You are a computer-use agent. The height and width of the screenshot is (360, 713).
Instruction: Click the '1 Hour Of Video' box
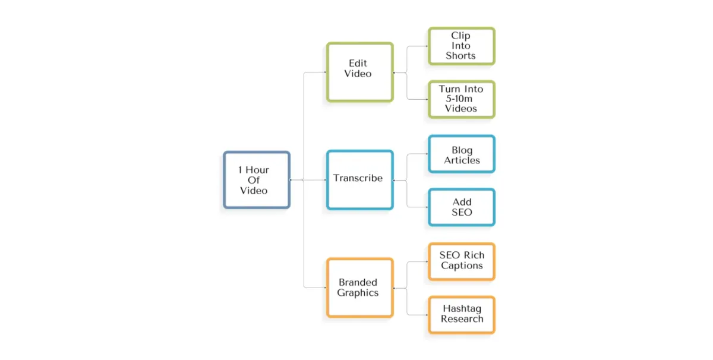257,180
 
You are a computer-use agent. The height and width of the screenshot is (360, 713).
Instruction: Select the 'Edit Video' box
359,72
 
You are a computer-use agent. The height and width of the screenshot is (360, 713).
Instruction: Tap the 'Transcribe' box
359,179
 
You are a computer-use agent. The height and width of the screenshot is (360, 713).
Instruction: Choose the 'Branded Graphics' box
359,288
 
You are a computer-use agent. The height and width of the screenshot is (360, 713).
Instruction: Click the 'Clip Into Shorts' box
461,46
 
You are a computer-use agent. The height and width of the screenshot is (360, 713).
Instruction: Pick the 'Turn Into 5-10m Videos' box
461,99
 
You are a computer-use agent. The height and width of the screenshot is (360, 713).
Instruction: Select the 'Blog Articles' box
461,154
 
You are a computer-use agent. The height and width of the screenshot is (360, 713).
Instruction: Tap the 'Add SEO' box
461,207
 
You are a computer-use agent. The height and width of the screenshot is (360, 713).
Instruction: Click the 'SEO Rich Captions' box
461,261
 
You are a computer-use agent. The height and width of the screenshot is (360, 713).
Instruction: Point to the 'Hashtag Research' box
461,315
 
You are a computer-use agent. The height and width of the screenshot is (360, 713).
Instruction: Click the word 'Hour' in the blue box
257,170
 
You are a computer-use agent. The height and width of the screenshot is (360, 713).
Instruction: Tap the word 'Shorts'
461,56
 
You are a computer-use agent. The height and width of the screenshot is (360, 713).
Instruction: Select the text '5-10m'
460,99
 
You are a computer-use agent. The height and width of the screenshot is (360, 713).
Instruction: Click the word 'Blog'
462,150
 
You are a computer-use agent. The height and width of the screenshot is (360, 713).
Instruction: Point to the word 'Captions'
462,266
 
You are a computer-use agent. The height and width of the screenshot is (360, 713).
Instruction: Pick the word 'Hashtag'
462,309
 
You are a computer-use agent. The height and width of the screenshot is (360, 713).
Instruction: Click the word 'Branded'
358,283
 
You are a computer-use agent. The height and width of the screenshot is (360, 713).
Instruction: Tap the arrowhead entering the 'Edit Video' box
324,72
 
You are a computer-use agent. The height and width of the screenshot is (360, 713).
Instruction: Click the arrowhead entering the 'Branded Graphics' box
324,288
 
